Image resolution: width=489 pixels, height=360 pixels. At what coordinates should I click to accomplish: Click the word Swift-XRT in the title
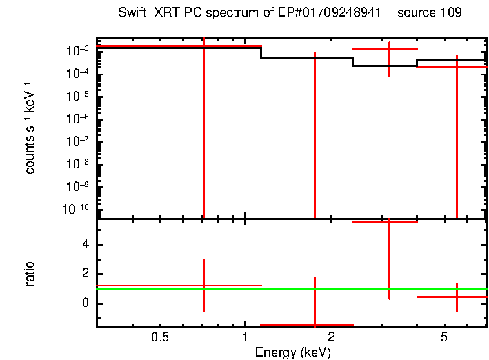[x=145, y=13]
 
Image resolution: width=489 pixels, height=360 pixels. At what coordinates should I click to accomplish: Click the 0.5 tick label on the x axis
[x=160, y=337]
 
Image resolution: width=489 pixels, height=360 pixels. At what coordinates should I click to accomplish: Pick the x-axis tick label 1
[x=245, y=337]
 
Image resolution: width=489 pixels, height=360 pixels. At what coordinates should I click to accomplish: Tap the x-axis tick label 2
[x=331, y=337]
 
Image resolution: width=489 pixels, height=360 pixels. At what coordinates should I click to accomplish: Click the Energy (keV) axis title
[x=293, y=352]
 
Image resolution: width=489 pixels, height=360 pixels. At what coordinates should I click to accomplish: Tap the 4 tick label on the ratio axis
[x=86, y=245]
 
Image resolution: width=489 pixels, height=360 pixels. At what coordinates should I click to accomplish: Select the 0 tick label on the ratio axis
[x=86, y=303]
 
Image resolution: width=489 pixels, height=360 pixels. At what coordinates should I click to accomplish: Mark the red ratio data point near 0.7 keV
[x=204, y=285]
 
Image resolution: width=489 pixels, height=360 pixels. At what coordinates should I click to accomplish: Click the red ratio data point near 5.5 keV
[x=457, y=297]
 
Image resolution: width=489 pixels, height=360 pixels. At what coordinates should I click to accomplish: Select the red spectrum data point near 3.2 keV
[x=389, y=48]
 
